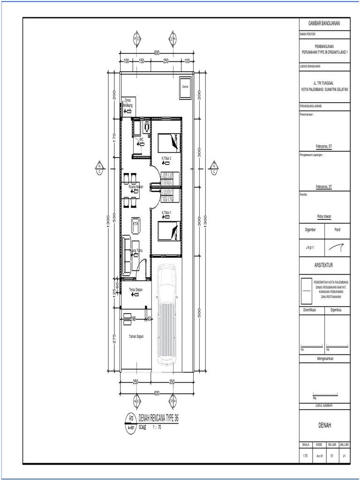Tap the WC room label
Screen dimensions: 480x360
point(142,139)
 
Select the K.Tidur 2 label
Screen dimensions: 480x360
point(166,158)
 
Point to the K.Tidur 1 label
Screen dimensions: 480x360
point(166,212)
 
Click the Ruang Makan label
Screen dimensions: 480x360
point(135,187)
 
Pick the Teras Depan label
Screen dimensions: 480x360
point(135,290)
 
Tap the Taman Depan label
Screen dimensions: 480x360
point(136,336)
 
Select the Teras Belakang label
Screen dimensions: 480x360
point(127,103)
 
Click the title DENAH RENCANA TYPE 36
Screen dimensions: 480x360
point(157,418)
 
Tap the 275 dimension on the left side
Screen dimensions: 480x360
point(114,339)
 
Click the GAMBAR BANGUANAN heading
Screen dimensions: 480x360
point(324,23)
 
